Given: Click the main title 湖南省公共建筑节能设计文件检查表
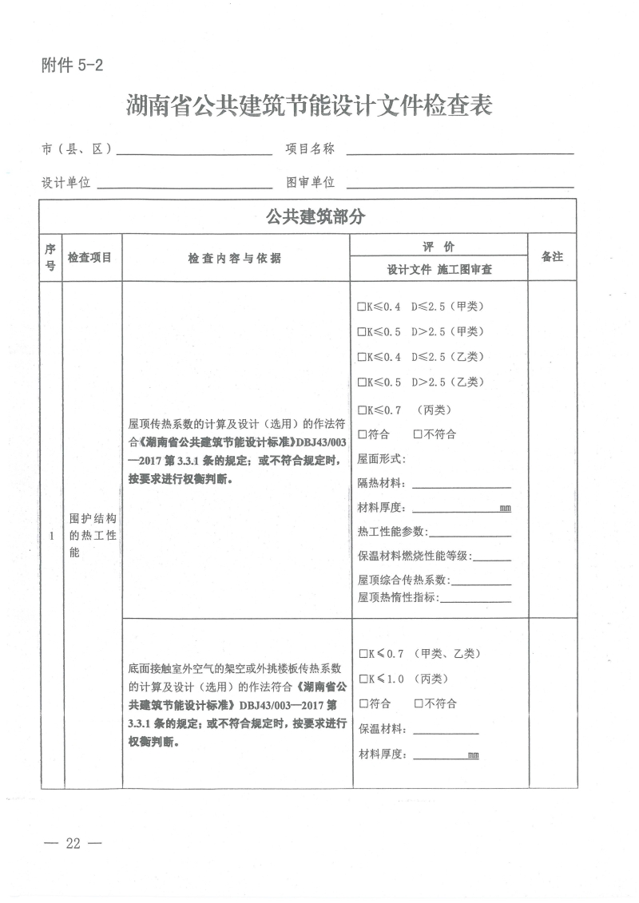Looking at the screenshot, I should click(309, 105).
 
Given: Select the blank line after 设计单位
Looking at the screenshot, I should click(184, 184).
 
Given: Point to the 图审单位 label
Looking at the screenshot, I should click(311, 183).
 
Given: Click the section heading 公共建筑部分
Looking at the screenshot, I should click(308, 216).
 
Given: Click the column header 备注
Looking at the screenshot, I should click(552, 257).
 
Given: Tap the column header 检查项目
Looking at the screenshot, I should click(89, 258).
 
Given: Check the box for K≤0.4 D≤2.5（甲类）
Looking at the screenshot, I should click(362, 307).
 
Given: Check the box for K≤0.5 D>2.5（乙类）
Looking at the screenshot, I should click(362, 382).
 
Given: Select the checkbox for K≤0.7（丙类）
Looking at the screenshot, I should click(362, 410).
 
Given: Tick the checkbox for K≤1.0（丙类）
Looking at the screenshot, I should click(362, 679).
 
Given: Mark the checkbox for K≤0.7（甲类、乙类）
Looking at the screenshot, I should click(362, 654).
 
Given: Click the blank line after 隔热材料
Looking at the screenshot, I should click(461, 484).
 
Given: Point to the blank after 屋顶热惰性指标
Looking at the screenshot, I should click(475, 598).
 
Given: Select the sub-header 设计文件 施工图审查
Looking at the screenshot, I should click(439, 270).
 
